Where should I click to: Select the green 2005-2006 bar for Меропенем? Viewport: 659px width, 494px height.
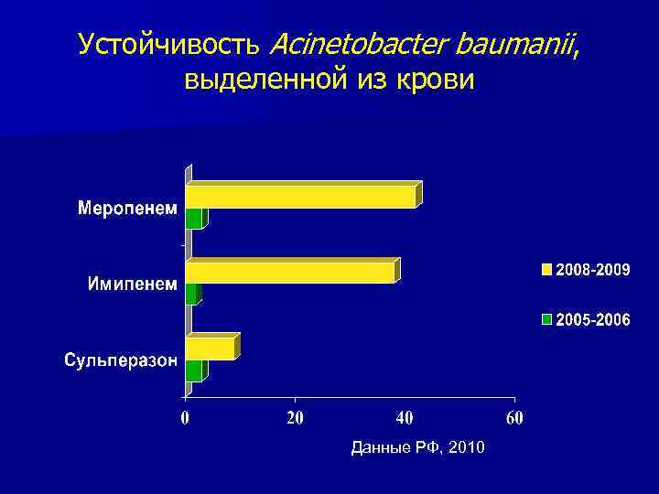194,219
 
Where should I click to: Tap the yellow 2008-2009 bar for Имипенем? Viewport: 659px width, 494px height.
290,273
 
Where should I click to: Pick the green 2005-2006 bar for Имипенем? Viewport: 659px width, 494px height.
191,294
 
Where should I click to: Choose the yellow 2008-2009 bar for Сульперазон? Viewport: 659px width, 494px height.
211,349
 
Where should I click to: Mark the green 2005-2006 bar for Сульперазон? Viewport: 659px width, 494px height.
194,370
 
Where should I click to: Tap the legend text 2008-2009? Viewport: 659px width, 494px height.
593,270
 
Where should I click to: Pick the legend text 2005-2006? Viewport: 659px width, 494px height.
593,320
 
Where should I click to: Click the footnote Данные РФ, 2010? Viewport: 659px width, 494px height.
420,446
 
